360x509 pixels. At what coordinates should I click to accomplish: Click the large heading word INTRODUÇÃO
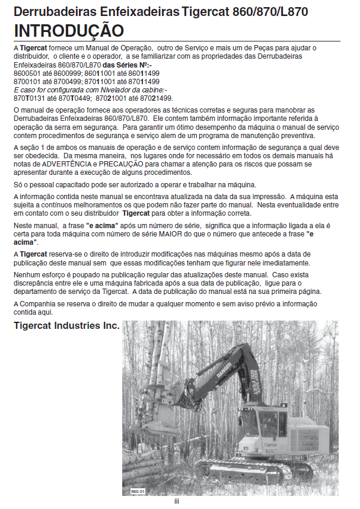pyautogui.click(x=69, y=30)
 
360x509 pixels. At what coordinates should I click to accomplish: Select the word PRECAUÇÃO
pyautogui.click(x=116, y=163)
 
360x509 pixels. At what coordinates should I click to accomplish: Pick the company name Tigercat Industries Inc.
pyautogui.click(x=66, y=326)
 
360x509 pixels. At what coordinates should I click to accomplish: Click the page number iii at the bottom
pyautogui.click(x=176, y=501)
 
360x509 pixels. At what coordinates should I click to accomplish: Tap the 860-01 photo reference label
pyautogui.click(x=138, y=491)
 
